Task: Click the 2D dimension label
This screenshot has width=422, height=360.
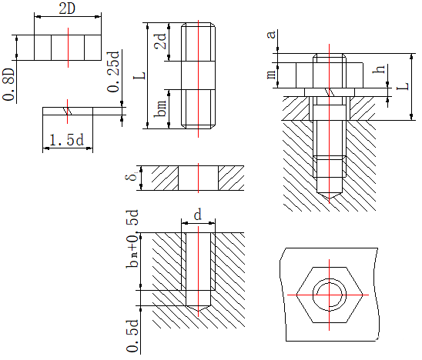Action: click(67, 9)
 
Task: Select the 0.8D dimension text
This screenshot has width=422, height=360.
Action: click(8, 85)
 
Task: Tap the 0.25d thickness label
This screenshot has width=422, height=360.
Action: click(113, 72)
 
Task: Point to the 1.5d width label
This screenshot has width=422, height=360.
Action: click(67, 140)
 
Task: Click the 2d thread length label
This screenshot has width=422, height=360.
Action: click(160, 41)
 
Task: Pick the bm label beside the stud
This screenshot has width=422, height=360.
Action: click(160, 108)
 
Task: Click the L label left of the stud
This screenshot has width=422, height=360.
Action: click(139, 75)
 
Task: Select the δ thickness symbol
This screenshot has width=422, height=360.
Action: click(132, 177)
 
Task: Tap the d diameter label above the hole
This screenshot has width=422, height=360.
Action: click(198, 215)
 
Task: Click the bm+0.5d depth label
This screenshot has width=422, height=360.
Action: click(132, 238)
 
